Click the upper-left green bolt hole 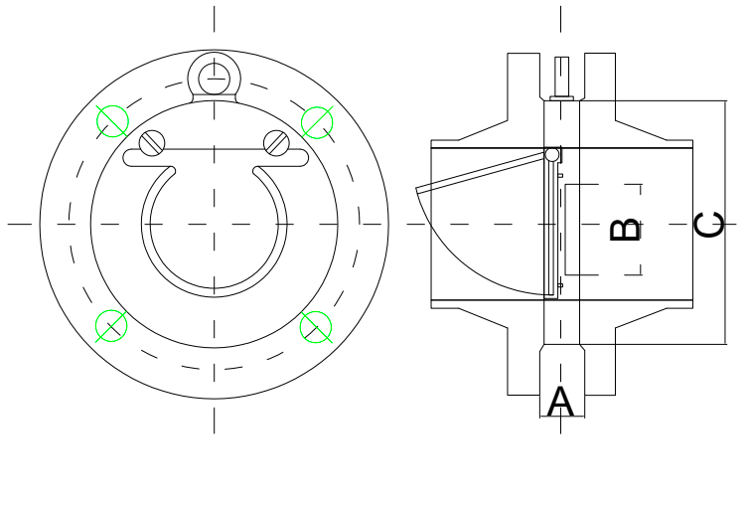[x=112, y=121]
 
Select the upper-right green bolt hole [x=317, y=122]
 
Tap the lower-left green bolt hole [x=111, y=326]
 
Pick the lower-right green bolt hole [x=316, y=326]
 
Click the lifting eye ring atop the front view [x=214, y=78]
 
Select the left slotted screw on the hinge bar [x=151, y=143]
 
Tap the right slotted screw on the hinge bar [x=275, y=143]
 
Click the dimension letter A [x=561, y=403]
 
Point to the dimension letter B [x=625, y=230]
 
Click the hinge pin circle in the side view [x=552, y=154]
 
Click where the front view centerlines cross [x=214, y=224]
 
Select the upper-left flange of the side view [x=524, y=89]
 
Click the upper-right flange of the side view [x=599, y=89]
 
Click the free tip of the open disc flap [x=419, y=189]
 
